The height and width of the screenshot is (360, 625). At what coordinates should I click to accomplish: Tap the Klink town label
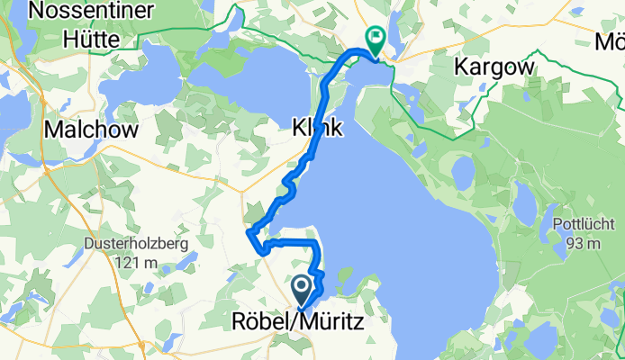pyautogui.click(x=317, y=130)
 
